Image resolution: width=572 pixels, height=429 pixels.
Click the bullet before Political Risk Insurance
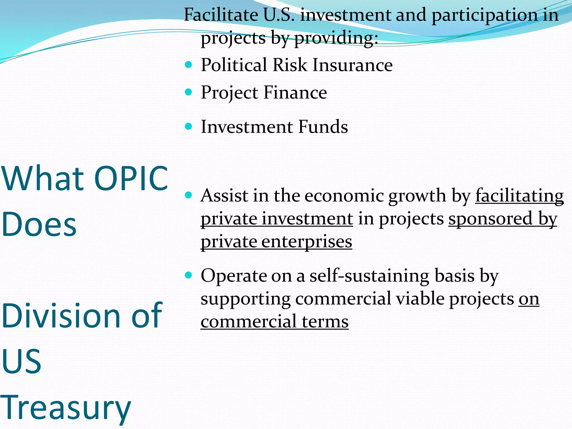tap(189, 65)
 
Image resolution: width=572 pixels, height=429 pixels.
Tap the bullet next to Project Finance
tap(189, 92)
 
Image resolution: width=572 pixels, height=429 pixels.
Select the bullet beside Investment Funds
tap(189, 127)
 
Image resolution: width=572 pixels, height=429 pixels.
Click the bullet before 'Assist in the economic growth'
tap(189, 195)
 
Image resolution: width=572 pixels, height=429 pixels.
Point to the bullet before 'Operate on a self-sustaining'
tap(189, 275)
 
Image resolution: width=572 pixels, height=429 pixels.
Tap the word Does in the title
tap(39, 224)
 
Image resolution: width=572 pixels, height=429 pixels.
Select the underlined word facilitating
tap(519, 196)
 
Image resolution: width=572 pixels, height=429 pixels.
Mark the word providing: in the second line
tap(336, 38)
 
